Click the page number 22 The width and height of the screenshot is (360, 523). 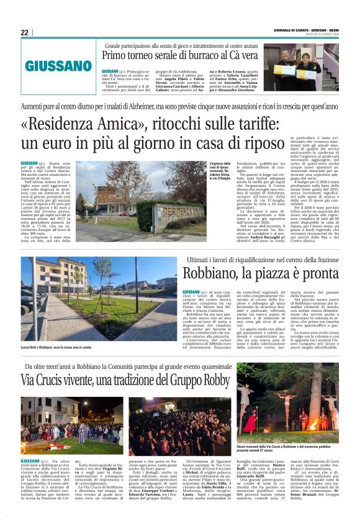25,32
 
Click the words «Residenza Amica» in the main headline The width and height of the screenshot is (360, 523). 77,124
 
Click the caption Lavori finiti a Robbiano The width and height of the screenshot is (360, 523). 56,347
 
